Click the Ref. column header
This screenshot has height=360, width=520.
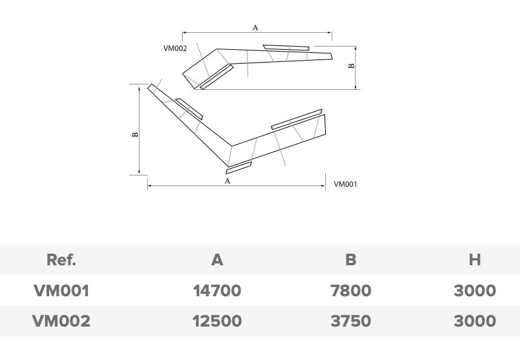[x=61, y=259]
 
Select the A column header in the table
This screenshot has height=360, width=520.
[x=217, y=259]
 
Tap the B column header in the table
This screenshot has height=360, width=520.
[x=351, y=259]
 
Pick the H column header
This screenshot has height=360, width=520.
[x=475, y=259]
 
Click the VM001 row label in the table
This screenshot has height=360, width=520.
[x=61, y=291]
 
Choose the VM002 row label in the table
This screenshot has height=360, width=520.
[x=61, y=321]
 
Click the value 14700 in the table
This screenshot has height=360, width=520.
[x=217, y=291]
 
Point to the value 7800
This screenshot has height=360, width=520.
[x=351, y=291]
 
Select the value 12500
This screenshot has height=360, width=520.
[x=217, y=321]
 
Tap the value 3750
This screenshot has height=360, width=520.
[x=351, y=321]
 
